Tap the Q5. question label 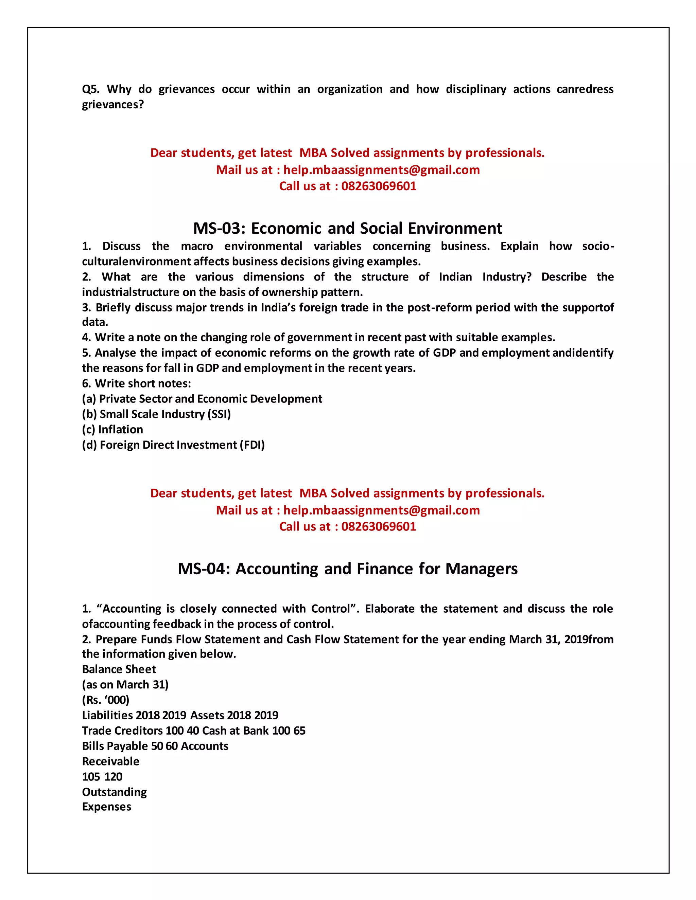[x=90, y=89]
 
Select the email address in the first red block [x=381, y=170]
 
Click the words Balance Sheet [x=119, y=669]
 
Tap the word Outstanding [x=114, y=792]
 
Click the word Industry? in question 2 [x=507, y=277]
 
